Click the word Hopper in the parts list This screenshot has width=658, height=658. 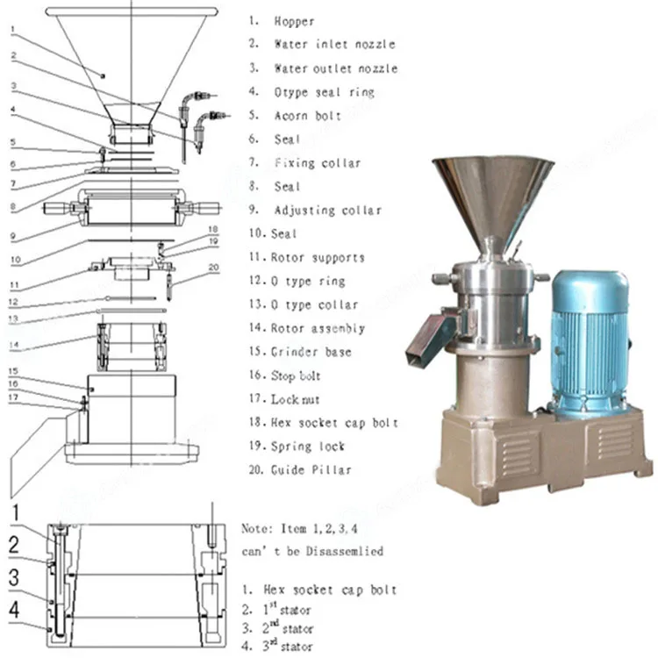click(x=293, y=21)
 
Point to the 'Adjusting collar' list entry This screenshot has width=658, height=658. click(x=327, y=211)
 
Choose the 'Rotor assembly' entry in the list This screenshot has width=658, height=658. click(x=318, y=328)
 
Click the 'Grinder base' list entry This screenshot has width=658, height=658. click(x=312, y=352)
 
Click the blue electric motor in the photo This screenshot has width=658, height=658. click(x=589, y=338)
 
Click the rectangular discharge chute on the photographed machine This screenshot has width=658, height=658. click(x=428, y=338)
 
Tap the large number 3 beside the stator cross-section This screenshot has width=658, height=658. click(x=13, y=577)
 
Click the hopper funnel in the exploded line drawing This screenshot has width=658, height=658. click(x=132, y=61)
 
